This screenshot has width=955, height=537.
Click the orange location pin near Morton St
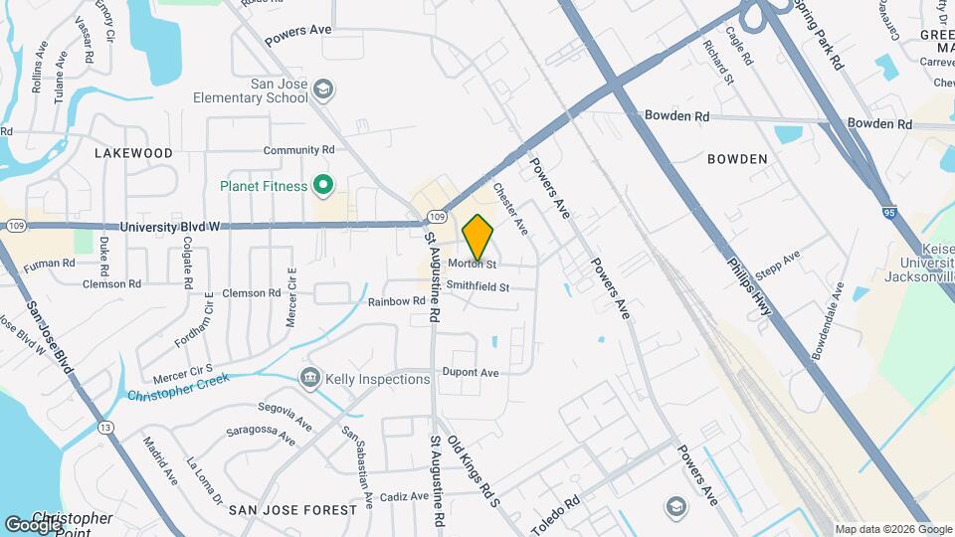pyautogui.click(x=478, y=238)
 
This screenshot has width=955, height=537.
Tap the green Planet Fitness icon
pyautogui.click(x=322, y=184)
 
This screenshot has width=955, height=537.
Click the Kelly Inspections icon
pyautogui.click(x=310, y=379)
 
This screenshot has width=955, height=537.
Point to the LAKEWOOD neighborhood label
pyautogui.click(x=133, y=153)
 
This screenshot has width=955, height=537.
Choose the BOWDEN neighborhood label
pyautogui.click(x=737, y=159)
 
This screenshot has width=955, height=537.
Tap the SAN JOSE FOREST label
pyautogui.click(x=292, y=509)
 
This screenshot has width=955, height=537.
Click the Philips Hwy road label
pyautogui.click(x=751, y=289)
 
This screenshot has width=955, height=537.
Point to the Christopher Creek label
pyautogui.click(x=178, y=387)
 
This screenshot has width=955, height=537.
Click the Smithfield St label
pyautogui.click(x=477, y=286)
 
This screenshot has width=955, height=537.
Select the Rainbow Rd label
pyautogui.click(x=396, y=300)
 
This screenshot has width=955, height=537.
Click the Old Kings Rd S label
pyautogui.click(x=472, y=470)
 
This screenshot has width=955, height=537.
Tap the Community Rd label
pyautogui.click(x=298, y=150)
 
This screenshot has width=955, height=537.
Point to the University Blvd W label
pyautogui.click(x=168, y=227)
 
